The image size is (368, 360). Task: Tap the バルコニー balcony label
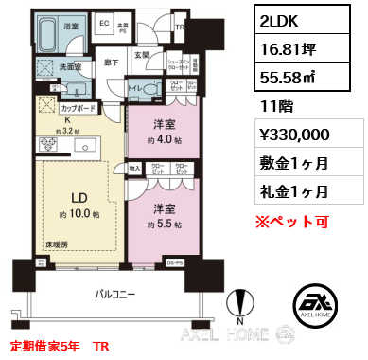click(122, 295)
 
